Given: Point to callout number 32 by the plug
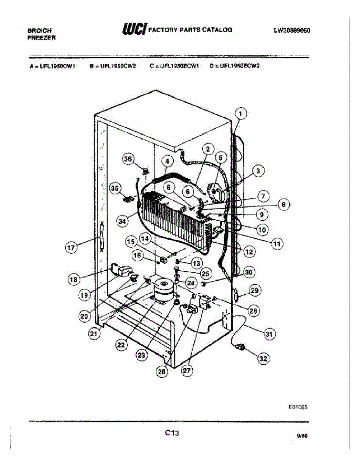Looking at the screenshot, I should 263,359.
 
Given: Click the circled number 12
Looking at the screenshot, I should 249,252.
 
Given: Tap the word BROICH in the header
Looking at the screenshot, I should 39,30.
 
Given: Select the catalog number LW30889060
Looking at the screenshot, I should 292,31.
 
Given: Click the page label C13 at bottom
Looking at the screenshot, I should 172,432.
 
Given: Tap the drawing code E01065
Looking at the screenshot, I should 298,407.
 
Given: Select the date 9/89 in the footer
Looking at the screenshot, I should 302,436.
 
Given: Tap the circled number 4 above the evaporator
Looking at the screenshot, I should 167,161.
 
